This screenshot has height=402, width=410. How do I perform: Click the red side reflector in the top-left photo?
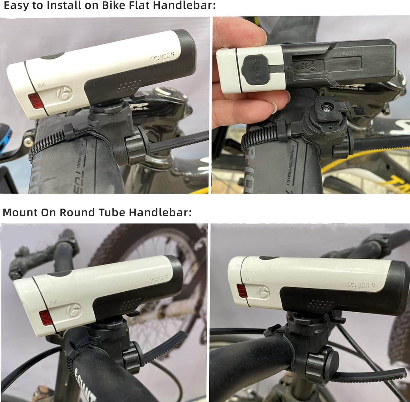pos(34,100)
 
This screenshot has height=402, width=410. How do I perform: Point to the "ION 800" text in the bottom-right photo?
pos(361,285)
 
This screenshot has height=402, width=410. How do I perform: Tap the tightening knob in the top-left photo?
pos(135,148)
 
